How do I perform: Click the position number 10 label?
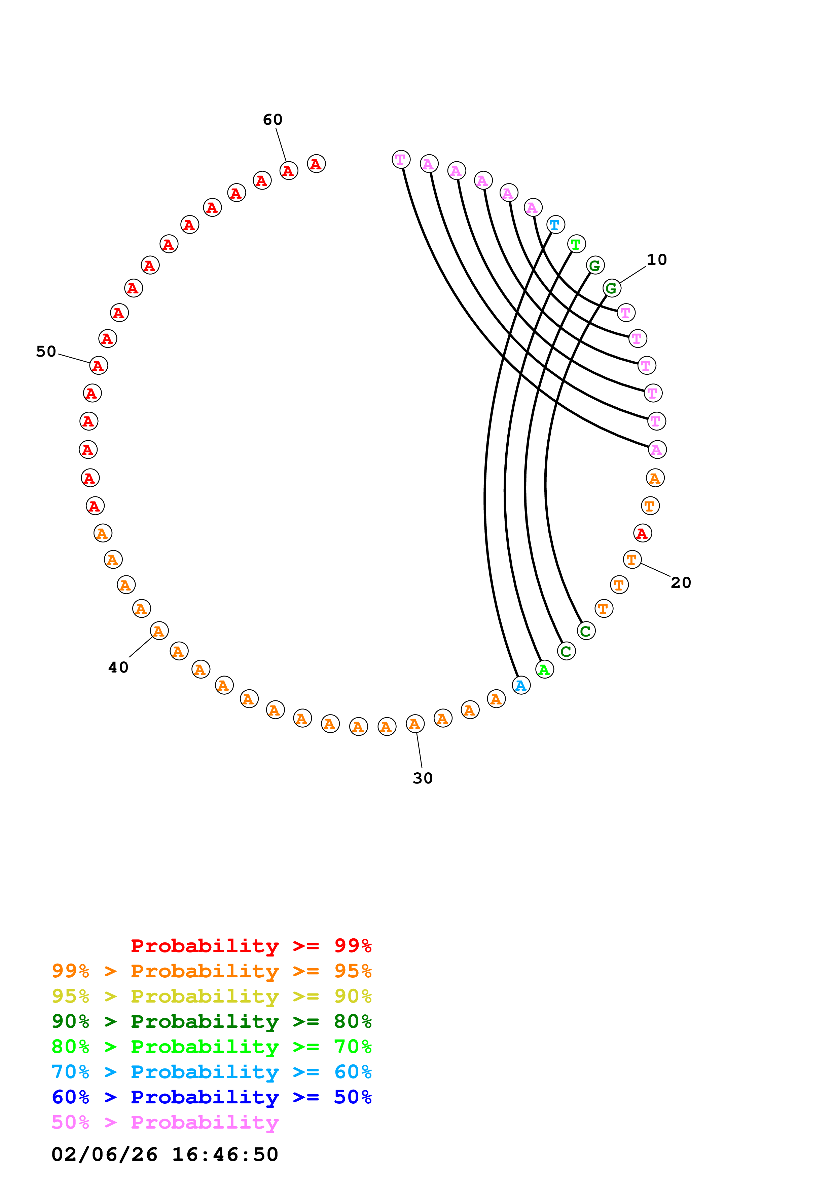(x=656, y=260)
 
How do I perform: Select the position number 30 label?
(x=423, y=778)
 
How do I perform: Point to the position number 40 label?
(x=118, y=667)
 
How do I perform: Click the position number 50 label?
(x=46, y=352)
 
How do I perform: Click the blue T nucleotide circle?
(x=555, y=225)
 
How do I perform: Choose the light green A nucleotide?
(x=544, y=669)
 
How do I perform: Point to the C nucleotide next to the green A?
(x=566, y=651)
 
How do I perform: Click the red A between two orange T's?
(x=642, y=533)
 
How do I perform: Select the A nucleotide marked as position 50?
(x=99, y=366)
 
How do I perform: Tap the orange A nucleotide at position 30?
(x=415, y=724)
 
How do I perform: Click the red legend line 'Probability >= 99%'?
(x=251, y=946)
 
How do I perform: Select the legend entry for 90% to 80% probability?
(x=211, y=1021)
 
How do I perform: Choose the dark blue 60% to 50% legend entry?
(x=211, y=1097)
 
